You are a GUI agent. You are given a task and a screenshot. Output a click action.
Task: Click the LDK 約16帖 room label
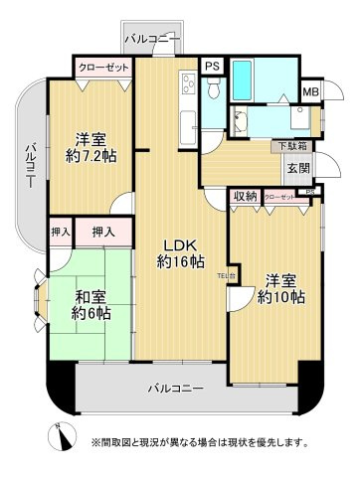(x=180, y=253)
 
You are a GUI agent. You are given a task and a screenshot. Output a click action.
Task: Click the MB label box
(x=310, y=92)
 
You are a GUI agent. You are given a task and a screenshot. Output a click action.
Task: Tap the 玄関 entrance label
(x=298, y=168)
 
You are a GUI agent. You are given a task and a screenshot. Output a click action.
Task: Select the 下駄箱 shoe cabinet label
(x=291, y=146)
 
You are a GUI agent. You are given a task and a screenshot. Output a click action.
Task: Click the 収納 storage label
(x=245, y=197)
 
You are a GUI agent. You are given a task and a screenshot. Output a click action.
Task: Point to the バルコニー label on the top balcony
(x=152, y=39)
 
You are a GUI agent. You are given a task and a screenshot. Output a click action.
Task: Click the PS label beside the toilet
(x=211, y=66)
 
